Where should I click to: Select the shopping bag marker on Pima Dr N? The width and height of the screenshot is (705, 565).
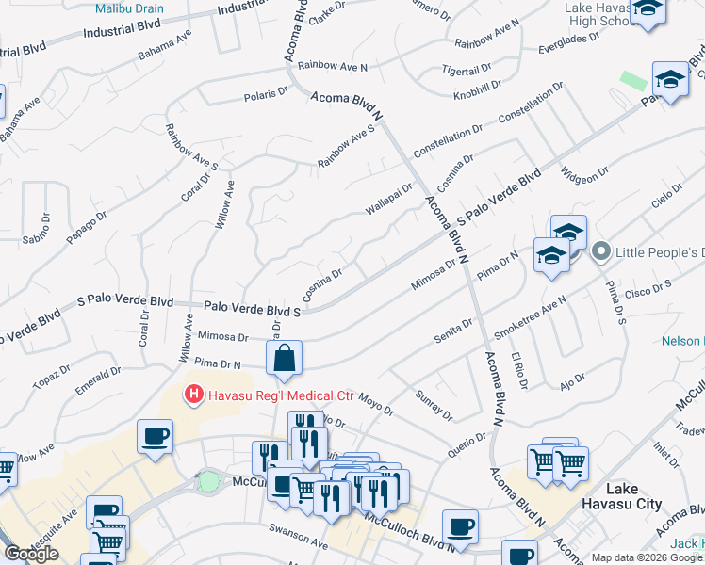284,359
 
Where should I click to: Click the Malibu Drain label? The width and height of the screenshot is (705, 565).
129,8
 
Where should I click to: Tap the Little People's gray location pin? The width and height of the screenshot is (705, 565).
599,252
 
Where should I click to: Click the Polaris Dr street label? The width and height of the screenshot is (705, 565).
267,94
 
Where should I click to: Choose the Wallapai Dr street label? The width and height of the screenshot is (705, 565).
389,200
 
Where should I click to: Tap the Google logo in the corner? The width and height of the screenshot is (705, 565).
30,554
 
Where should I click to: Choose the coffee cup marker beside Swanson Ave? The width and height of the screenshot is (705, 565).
460,526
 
